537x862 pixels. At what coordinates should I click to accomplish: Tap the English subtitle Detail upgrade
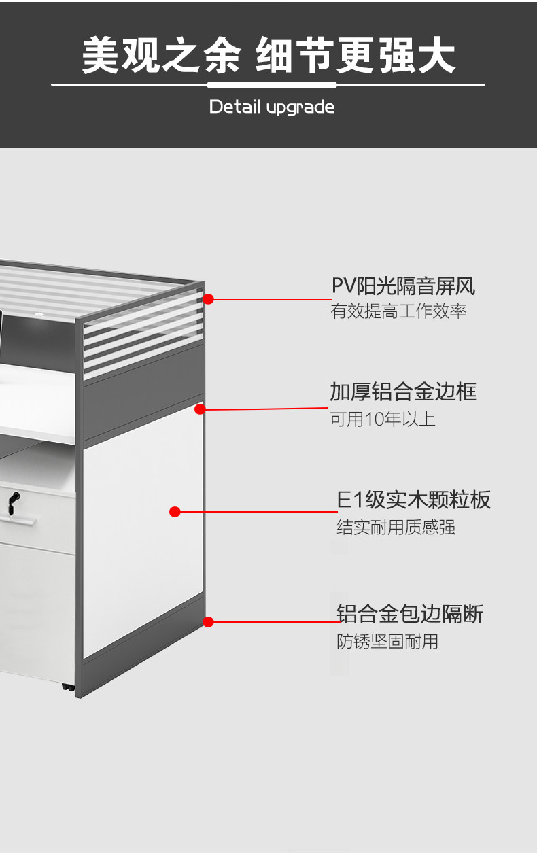coord(271,107)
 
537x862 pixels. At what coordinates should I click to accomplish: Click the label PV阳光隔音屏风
coord(403,286)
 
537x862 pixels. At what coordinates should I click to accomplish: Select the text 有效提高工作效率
coord(398,312)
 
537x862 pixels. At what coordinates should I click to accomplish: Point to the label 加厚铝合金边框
coord(403,392)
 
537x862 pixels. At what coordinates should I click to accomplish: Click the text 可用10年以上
coord(383,419)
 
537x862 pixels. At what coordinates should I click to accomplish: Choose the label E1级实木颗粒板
coord(414,500)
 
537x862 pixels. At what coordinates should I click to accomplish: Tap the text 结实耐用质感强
coord(396,527)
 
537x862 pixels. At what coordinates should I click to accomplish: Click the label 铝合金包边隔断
coord(410,614)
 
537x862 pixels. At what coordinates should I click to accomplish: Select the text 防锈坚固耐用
coord(387,641)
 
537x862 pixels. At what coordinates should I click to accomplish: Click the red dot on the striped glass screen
coord(209,298)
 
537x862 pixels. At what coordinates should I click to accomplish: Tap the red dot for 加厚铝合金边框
coord(200,409)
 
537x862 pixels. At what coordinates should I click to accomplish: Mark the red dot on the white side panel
coord(175,512)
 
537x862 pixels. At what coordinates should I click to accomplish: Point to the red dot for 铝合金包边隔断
coord(209,621)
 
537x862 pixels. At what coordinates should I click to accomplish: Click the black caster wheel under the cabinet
coord(67,688)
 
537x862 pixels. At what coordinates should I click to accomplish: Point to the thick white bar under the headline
coord(272,85)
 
